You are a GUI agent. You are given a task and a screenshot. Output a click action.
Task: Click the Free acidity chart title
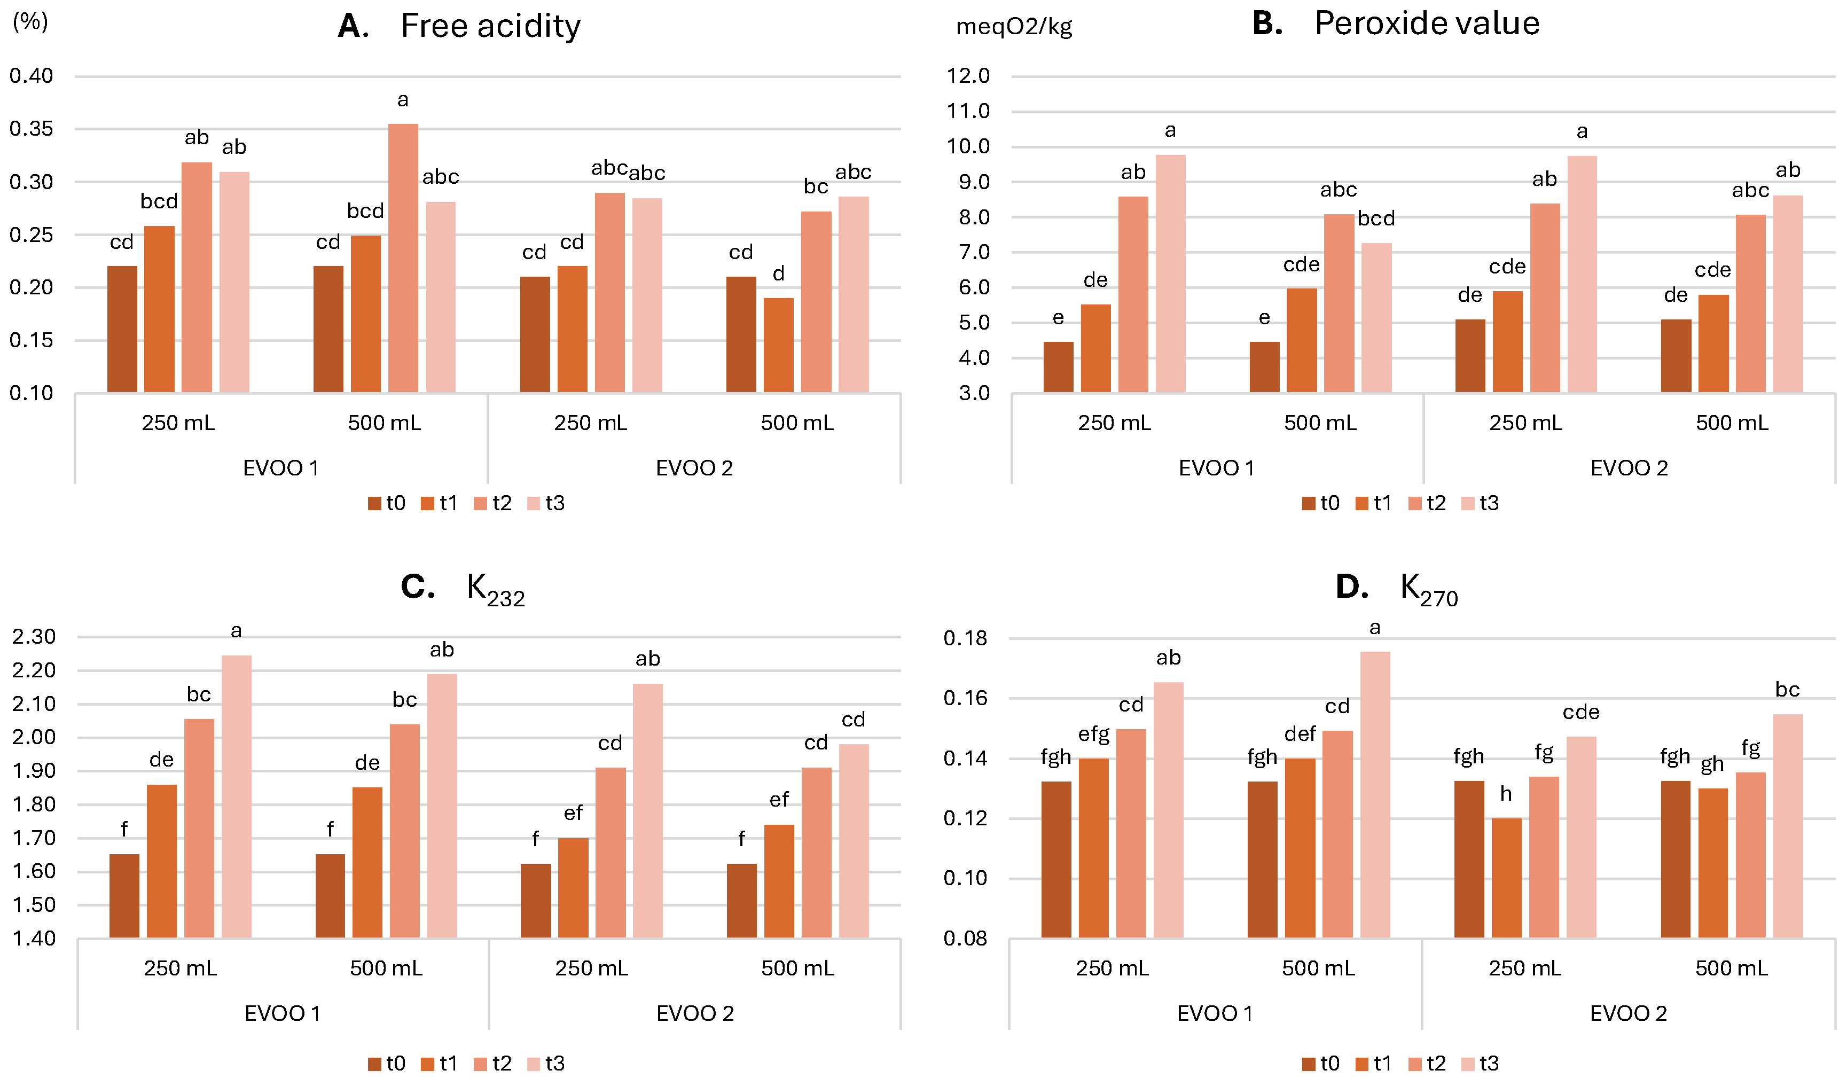click(x=459, y=26)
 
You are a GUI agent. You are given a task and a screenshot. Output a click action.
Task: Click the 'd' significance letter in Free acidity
click(x=778, y=274)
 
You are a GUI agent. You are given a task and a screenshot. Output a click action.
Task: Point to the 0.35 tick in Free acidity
click(x=32, y=129)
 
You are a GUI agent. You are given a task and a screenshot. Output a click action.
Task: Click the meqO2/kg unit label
click(x=1014, y=27)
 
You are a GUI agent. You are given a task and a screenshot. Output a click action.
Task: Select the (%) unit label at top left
click(x=30, y=21)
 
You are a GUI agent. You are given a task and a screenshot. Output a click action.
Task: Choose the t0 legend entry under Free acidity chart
click(x=387, y=503)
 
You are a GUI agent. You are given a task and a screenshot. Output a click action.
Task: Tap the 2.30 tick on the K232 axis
click(x=34, y=637)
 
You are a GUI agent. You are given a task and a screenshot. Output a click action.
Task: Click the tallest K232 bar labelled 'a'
click(x=236, y=796)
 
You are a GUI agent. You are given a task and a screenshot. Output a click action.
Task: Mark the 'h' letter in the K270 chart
click(x=1506, y=794)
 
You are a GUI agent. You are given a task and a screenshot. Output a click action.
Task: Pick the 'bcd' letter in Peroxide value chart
click(x=1376, y=218)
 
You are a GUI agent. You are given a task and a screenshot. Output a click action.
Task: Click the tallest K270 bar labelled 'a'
click(x=1375, y=794)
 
